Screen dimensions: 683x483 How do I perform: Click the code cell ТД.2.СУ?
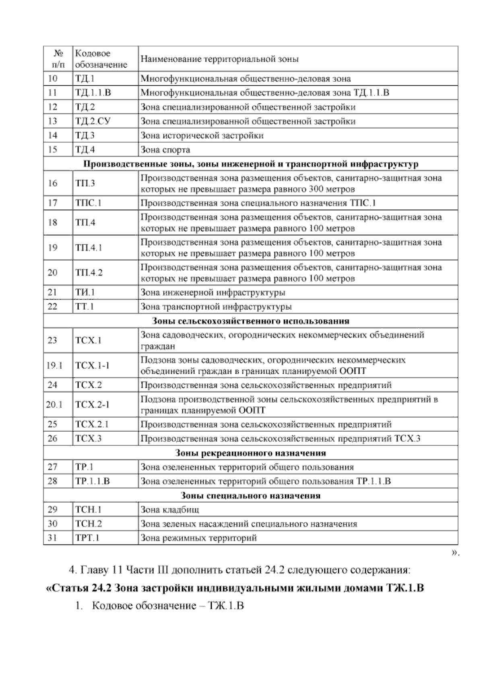tap(92, 121)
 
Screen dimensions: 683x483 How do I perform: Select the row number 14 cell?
tap(53, 135)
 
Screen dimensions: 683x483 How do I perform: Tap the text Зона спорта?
tap(165, 150)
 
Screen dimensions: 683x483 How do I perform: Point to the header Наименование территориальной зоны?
tap(219, 59)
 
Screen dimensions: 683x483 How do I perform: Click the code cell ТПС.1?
tap(88, 203)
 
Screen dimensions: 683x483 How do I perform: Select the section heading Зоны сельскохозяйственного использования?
tap(250, 321)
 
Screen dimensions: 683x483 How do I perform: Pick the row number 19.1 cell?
tap(54, 366)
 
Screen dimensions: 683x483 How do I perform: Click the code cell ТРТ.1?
tap(87, 538)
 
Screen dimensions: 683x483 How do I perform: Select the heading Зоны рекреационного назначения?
tap(250, 453)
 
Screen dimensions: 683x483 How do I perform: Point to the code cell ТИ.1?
tap(85, 292)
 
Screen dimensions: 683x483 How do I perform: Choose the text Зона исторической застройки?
tap(202, 135)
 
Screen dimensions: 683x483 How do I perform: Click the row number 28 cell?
tap(53, 481)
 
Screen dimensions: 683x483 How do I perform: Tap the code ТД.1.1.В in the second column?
tap(93, 93)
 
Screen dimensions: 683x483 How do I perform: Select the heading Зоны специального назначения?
tap(250, 496)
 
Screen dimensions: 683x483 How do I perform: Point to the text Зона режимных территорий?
tap(198, 538)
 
